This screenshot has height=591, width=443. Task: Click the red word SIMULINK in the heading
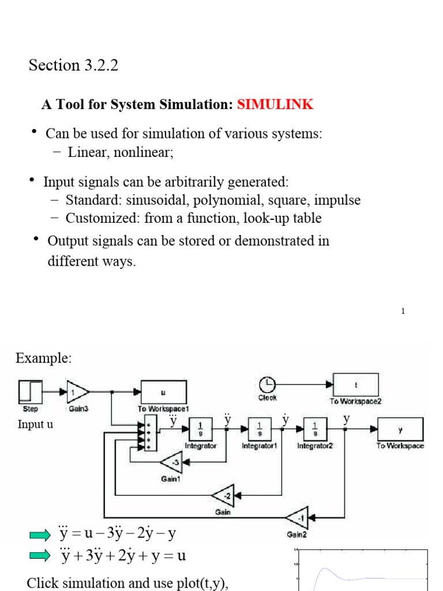coord(275,104)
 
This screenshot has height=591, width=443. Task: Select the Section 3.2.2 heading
coord(73,66)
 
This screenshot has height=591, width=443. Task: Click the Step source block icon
coord(29,392)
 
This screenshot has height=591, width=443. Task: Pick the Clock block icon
coord(267,384)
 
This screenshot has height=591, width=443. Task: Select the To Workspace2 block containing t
coord(356,384)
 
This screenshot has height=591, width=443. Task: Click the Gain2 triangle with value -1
coord(298,517)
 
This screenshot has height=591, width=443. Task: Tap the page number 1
coord(403,311)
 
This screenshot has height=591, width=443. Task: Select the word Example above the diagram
coord(44,358)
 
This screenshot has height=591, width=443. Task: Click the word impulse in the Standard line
coord(340,200)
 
